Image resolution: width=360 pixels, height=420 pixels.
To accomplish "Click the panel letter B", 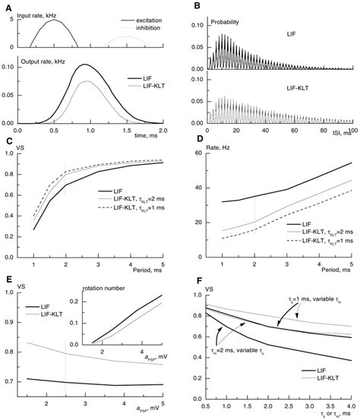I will coord(196,6).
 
